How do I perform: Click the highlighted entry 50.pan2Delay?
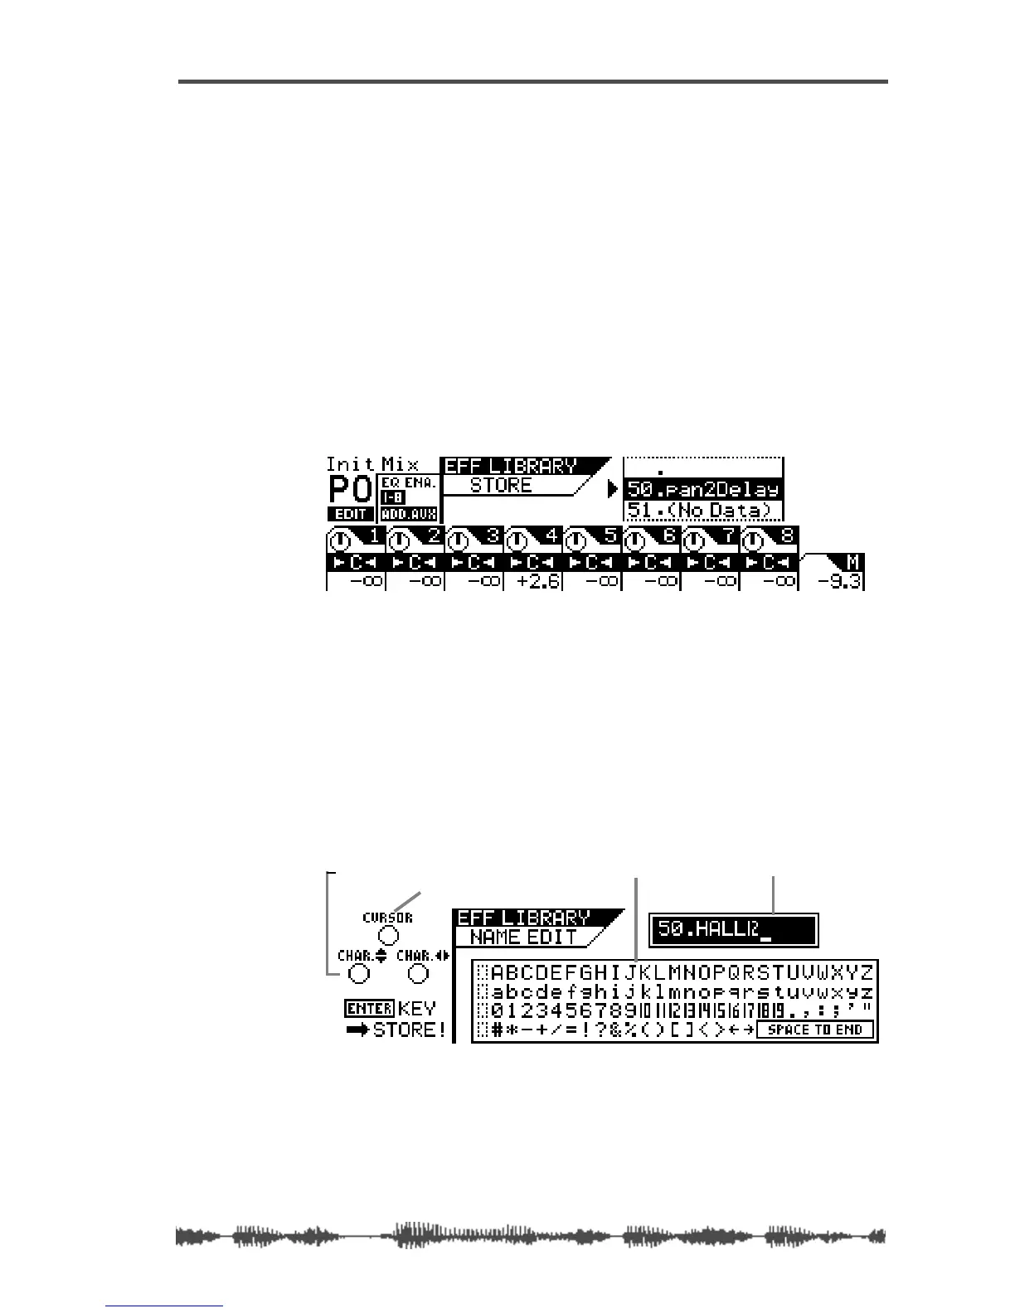[702, 490]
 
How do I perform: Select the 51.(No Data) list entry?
[702, 511]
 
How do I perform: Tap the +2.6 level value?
[532, 580]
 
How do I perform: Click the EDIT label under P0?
[351, 514]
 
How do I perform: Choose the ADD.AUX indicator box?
[409, 514]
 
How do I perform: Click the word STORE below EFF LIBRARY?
[501, 486]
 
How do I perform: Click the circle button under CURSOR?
[388, 937]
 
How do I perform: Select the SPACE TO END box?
[815, 1030]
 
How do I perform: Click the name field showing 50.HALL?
[733, 930]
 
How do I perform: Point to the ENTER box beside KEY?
[369, 1009]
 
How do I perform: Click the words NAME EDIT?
[523, 938]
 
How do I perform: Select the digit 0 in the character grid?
[497, 1011]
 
